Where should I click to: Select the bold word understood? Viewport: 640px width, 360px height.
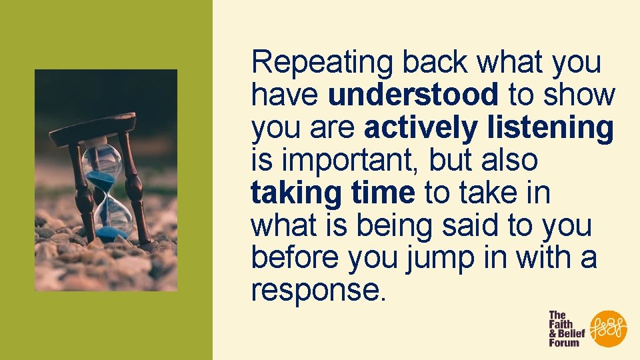413,96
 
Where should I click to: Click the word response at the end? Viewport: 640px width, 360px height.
317,291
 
